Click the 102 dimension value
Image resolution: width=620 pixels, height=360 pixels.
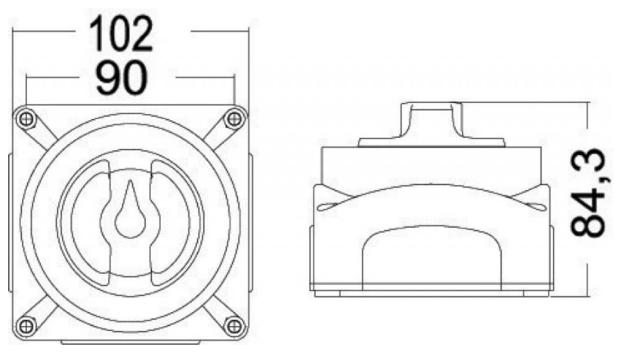[x=121, y=34]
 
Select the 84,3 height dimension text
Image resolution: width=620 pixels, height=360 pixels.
[x=588, y=193]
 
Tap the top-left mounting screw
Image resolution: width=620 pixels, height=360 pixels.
[x=26, y=119]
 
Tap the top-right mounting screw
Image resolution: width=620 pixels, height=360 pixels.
[x=234, y=119]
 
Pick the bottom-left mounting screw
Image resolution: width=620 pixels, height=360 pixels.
[x=26, y=326]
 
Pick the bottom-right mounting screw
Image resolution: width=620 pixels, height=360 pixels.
[x=234, y=326]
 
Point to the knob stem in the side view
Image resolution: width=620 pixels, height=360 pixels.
[x=432, y=120]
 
